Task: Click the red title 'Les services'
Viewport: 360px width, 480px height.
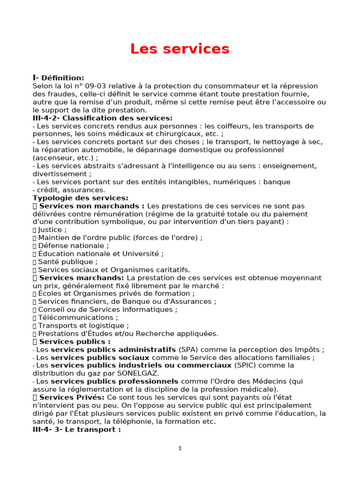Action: (x=180, y=48)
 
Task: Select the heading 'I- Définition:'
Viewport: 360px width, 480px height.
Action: (x=59, y=78)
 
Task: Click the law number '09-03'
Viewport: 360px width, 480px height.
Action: (x=97, y=86)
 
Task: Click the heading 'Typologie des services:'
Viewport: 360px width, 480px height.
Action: (x=80, y=198)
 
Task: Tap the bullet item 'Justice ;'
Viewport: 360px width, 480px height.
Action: (x=52, y=230)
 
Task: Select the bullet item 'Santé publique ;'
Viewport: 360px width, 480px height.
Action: (x=67, y=262)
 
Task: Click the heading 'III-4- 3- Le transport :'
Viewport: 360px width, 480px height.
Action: (x=76, y=429)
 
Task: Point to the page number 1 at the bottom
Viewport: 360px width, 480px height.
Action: (x=180, y=448)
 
